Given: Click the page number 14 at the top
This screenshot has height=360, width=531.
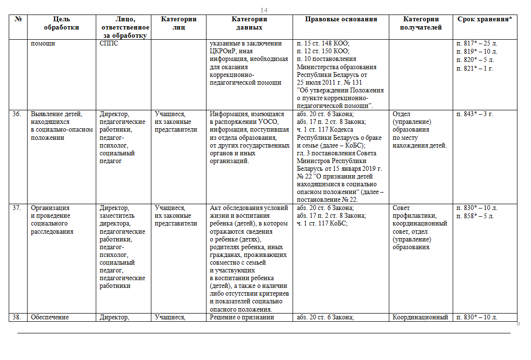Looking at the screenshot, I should pos(264,10).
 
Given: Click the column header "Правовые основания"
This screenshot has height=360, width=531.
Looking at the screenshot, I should pos(341,19).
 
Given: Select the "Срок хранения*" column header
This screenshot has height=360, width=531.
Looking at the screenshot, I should pos(485,19).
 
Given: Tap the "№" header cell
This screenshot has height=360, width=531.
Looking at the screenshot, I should pos(18,19).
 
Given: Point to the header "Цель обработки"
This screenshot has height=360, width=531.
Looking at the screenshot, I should pos(61,23).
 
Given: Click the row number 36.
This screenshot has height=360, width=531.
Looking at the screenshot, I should pos(17,114).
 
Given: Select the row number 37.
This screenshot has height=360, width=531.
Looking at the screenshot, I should pos(17,208).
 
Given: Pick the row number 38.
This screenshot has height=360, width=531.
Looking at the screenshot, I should pos(17,317).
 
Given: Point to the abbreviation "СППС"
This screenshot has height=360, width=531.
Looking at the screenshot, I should pos(109,44).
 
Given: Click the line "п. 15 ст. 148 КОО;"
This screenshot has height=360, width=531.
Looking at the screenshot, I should pos(323,44).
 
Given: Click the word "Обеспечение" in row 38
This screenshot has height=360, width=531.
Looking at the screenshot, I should pos(50,317).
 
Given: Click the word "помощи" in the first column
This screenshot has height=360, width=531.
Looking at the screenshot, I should pos(42,44).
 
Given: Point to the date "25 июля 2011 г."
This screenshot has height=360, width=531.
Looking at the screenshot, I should pos(320,82).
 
